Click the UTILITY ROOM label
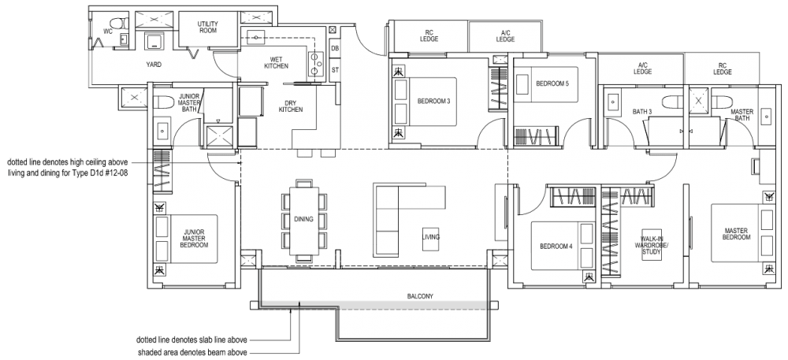coord(207,28)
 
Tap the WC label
coord(108,32)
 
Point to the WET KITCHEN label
coord(276,64)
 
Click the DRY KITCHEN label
coord(291,106)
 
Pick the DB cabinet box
coord(335,49)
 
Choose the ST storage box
coord(335,70)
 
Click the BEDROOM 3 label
coord(433,101)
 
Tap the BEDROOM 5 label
coord(552,84)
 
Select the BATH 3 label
coord(643,112)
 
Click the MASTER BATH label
coord(742,115)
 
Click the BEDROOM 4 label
coord(556,247)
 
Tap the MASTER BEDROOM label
coord(737,234)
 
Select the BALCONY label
coord(420,296)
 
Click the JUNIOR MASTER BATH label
coord(189,102)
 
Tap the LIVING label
coord(431,237)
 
